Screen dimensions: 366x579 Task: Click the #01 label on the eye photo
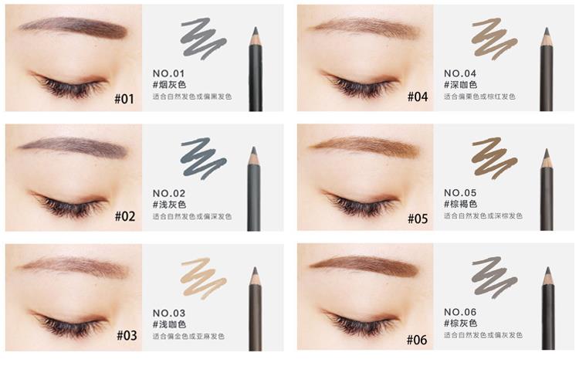pyautogui.click(x=124, y=98)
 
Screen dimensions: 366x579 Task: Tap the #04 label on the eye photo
pyautogui.click(x=416, y=97)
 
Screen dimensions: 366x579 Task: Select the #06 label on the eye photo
pyautogui.click(x=416, y=339)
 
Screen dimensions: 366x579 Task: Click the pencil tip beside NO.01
pyautogui.click(x=254, y=33)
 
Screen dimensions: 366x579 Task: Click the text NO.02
pyautogui.click(x=169, y=193)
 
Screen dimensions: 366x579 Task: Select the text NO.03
pyautogui.click(x=169, y=313)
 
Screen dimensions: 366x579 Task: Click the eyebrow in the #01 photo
pyautogui.click(x=73, y=28)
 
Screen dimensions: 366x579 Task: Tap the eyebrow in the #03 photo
pyautogui.click(x=73, y=267)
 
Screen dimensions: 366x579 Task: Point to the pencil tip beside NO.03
pyautogui.click(x=254, y=275)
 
